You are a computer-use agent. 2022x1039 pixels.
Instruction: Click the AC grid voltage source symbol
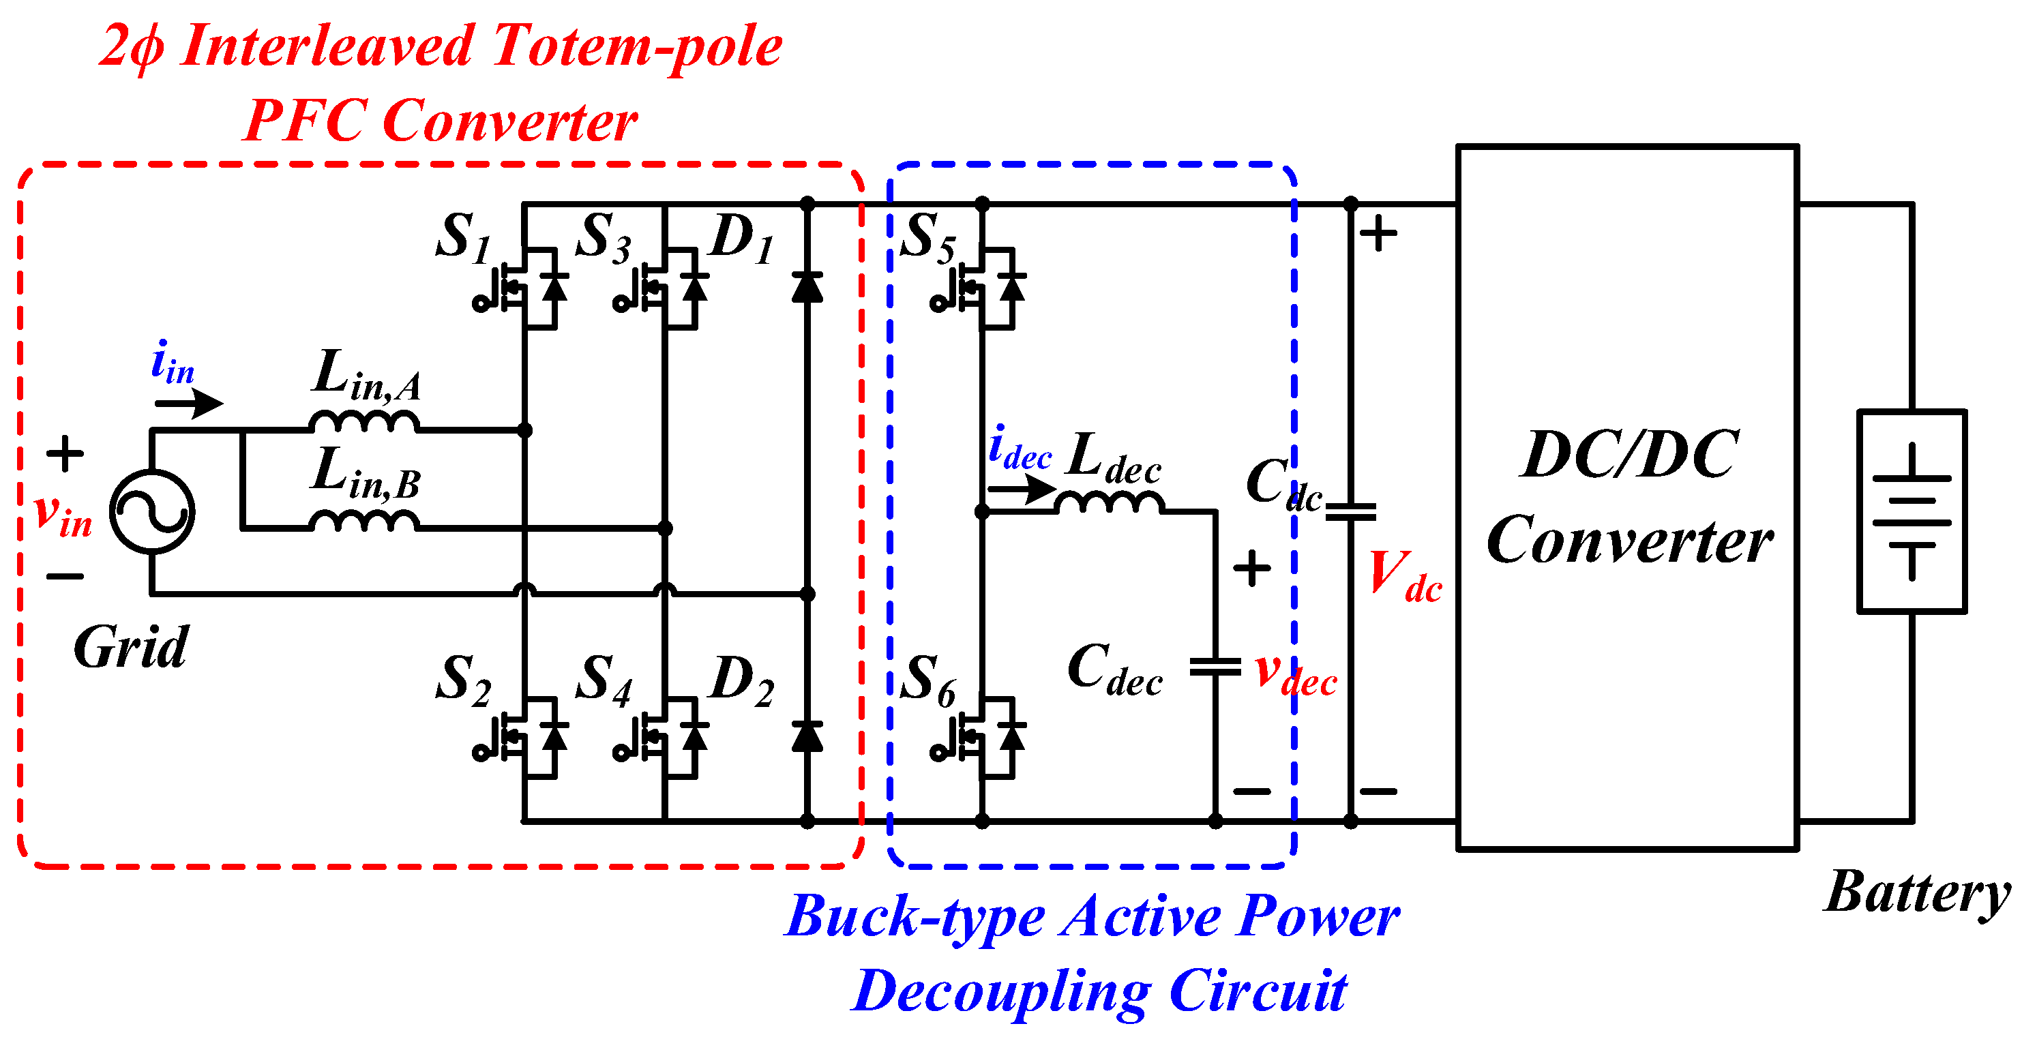click(x=152, y=513)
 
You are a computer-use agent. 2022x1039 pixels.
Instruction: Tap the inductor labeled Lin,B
click(x=364, y=521)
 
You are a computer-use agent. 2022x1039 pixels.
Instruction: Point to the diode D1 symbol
click(x=807, y=287)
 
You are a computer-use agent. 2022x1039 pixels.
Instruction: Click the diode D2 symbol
click(x=807, y=736)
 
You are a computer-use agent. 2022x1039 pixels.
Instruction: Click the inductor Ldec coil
click(x=1108, y=503)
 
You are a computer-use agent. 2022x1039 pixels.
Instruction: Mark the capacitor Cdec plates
click(x=1215, y=667)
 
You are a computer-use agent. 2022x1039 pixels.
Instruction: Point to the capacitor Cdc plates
click(x=1350, y=513)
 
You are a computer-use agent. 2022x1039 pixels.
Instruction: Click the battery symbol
click(x=1912, y=511)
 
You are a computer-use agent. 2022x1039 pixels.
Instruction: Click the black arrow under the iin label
click(x=189, y=404)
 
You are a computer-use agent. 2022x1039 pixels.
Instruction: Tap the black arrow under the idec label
click(x=1021, y=490)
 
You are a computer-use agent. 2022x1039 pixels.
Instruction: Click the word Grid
click(x=131, y=648)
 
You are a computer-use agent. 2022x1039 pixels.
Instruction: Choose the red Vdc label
click(x=1404, y=577)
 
